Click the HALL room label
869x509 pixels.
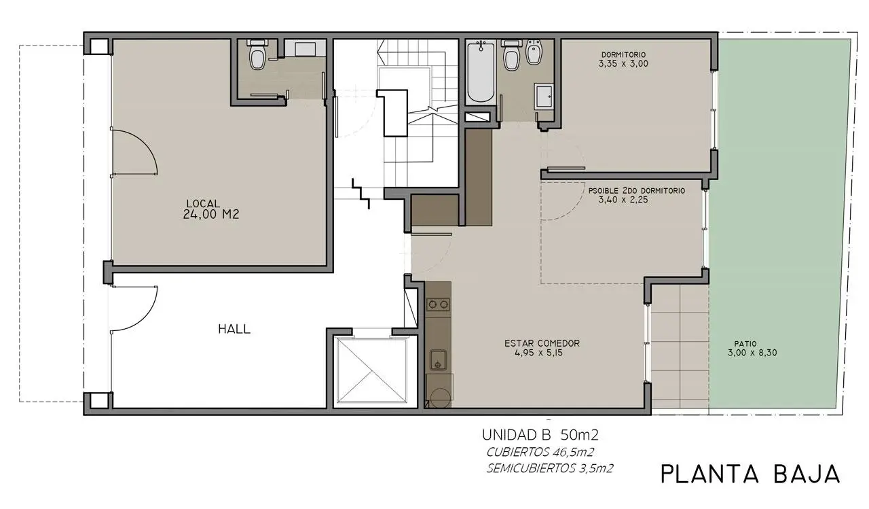tap(234, 329)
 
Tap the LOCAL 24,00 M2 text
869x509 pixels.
tap(210, 209)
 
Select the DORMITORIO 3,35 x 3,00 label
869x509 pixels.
tap(623, 59)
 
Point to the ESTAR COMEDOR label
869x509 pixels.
tap(542, 343)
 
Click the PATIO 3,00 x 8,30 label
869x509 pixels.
tap(752, 349)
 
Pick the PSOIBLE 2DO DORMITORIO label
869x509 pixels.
tap(637, 191)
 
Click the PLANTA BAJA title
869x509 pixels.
tap(750, 474)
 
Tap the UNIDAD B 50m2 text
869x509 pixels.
tap(540, 435)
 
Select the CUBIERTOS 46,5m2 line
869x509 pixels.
tap(540, 453)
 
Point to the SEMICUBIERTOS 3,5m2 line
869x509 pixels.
tap(550, 469)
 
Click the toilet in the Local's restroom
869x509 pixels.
tap(257, 55)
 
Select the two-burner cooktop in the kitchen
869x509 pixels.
tap(438, 304)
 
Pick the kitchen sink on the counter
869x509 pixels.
tap(438, 360)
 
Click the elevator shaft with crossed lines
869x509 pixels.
tap(371, 370)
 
